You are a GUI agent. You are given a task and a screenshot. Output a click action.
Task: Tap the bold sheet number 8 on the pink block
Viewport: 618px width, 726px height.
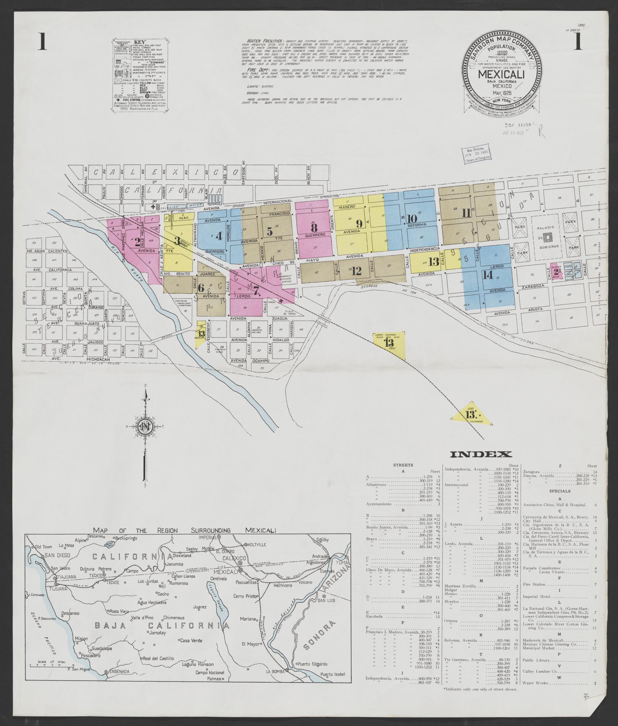[x=314, y=228]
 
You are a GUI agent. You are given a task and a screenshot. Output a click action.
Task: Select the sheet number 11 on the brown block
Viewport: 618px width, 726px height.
[x=467, y=213]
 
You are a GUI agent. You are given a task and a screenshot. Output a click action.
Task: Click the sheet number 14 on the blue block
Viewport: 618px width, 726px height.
[x=488, y=275]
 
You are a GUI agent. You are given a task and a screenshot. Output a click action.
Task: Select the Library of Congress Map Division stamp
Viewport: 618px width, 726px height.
[x=477, y=153]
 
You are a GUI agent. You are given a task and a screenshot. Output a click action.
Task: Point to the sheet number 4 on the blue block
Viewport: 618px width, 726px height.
[x=219, y=236]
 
